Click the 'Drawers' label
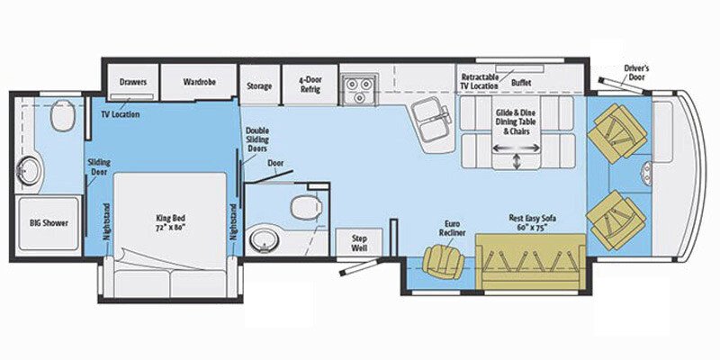(x=133, y=82)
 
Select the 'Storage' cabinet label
(x=259, y=86)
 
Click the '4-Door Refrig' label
(x=310, y=82)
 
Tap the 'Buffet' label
(x=521, y=81)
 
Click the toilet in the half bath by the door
(x=304, y=206)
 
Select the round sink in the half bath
(x=262, y=239)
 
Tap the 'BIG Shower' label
(x=48, y=221)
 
